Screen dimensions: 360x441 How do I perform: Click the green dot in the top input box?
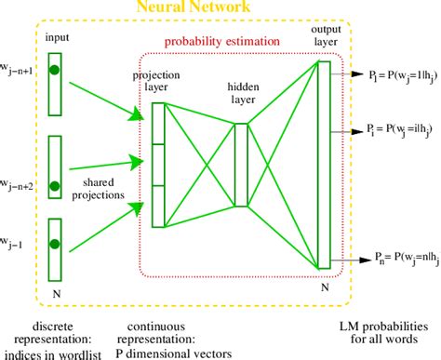tap(55, 70)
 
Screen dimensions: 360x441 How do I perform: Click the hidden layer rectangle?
tap(241, 165)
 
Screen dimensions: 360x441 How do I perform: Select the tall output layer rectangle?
tap(323, 164)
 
